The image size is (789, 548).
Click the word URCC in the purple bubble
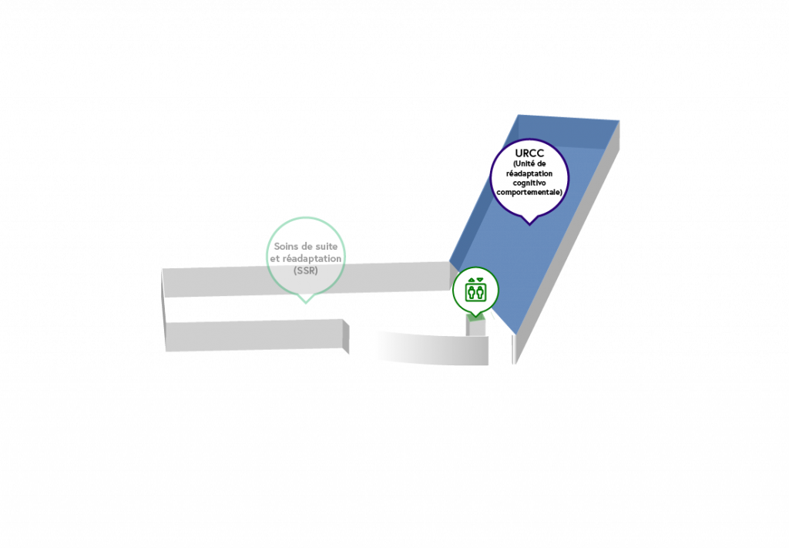coord(529,153)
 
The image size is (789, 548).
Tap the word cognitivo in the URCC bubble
coord(529,183)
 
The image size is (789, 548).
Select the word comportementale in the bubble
coord(529,192)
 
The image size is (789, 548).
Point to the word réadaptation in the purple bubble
coord(529,173)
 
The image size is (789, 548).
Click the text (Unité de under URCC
coord(529,163)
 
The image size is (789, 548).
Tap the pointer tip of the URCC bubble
coord(529,225)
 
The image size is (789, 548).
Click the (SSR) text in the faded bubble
coord(305,271)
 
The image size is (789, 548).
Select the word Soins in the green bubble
coord(286,247)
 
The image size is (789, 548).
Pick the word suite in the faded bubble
coord(326,247)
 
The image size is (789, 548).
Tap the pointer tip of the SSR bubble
coord(306,303)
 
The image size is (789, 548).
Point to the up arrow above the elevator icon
coord(472,280)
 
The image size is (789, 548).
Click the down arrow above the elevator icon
coord(480,280)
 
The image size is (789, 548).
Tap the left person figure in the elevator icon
coord(472,292)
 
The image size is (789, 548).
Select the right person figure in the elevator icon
coord(480,292)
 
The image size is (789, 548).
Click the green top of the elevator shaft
coord(475,317)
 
